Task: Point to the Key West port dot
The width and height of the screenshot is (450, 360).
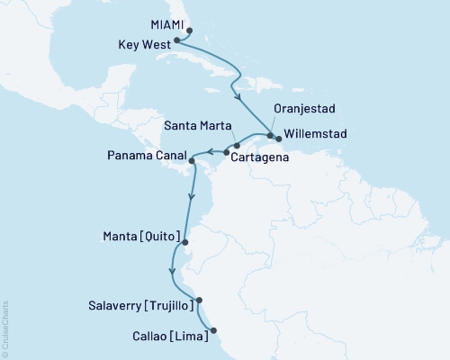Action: (177, 40)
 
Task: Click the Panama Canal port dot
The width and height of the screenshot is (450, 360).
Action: (191, 162)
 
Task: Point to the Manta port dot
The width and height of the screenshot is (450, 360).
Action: (184, 241)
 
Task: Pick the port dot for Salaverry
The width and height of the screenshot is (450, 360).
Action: (200, 301)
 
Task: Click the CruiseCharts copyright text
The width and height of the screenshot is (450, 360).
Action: (5, 329)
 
